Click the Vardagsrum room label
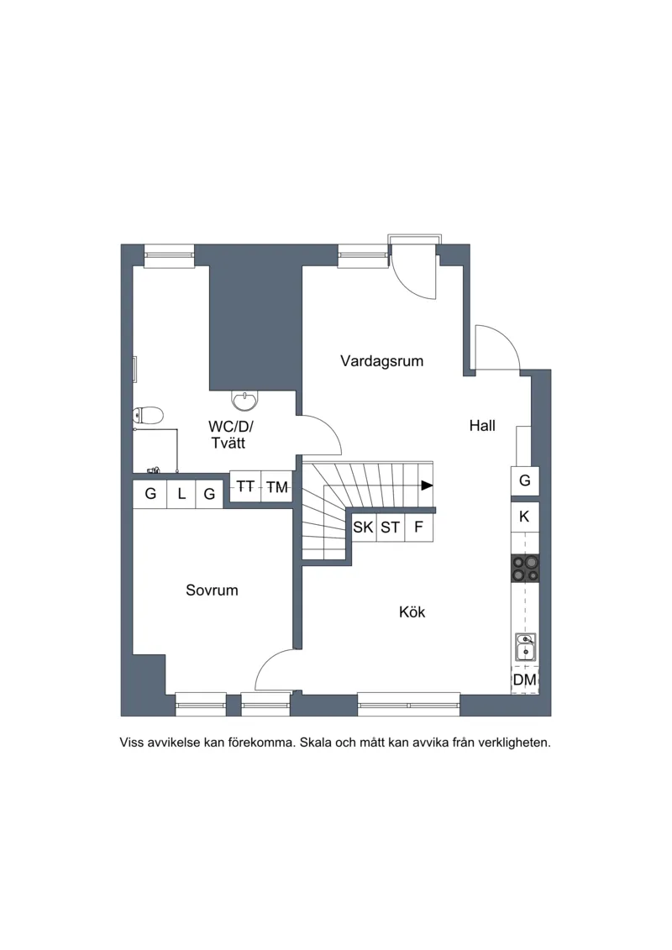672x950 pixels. [x=381, y=362]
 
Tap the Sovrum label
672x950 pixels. [x=212, y=590]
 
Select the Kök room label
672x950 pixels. [x=412, y=612]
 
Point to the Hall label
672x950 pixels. [x=482, y=426]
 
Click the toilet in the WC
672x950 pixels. [x=149, y=416]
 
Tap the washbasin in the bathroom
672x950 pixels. [x=244, y=399]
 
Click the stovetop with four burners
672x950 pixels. [x=525, y=569]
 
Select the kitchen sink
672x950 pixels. [x=525, y=647]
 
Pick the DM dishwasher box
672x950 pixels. [x=525, y=680]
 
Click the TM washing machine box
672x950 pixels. [x=277, y=487]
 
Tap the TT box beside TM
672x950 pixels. [x=245, y=487]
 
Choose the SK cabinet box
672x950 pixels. [x=364, y=527]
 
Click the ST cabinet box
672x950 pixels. [x=391, y=527]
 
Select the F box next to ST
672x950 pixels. [x=418, y=527]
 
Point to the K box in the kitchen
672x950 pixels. [x=525, y=517]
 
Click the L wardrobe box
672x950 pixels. [x=181, y=494]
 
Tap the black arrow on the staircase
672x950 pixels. [x=428, y=485]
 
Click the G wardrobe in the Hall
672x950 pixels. [x=525, y=481]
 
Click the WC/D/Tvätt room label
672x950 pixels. [x=230, y=434]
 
